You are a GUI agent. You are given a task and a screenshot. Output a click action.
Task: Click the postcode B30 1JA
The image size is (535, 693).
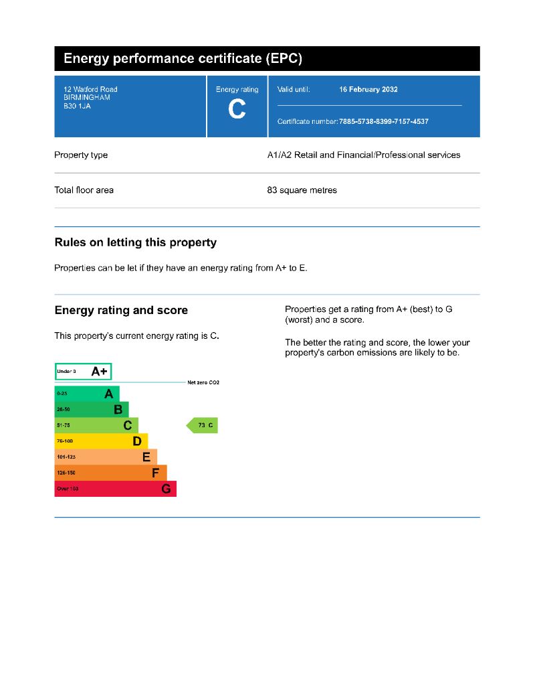point(77,106)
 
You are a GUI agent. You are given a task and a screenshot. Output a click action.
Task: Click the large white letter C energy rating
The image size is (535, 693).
point(237,108)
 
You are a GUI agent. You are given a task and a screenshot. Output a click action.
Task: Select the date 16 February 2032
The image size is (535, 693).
point(368,90)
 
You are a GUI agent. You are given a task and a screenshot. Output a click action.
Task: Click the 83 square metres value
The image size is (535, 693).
point(302,190)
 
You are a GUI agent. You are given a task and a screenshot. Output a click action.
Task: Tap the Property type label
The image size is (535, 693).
point(81,155)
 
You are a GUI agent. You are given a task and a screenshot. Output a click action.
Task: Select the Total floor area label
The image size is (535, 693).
point(84,190)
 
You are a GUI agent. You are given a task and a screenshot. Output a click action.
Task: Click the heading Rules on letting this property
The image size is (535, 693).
point(135,242)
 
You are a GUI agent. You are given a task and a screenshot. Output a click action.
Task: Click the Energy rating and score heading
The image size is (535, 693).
point(121,311)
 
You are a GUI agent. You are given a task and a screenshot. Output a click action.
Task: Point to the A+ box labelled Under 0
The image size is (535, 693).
point(83,371)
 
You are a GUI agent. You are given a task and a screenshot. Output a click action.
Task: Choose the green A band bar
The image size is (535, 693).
point(87,394)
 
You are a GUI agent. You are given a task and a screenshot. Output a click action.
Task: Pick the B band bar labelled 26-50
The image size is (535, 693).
point(91,409)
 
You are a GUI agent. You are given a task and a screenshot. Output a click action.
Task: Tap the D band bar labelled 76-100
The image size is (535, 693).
point(101,441)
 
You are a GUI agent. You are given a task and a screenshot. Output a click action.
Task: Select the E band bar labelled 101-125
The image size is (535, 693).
point(106,457)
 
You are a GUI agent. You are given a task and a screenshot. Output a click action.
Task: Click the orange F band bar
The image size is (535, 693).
point(110,473)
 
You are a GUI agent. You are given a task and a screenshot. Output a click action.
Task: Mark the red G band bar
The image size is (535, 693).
point(115,489)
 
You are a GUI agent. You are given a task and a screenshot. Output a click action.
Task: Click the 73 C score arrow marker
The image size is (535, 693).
point(203,425)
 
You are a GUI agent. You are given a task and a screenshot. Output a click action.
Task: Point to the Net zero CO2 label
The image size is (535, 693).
point(203,382)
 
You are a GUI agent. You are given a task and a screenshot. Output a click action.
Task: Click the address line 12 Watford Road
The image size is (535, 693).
point(90,90)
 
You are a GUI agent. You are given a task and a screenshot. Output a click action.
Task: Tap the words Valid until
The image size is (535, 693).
point(294,90)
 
